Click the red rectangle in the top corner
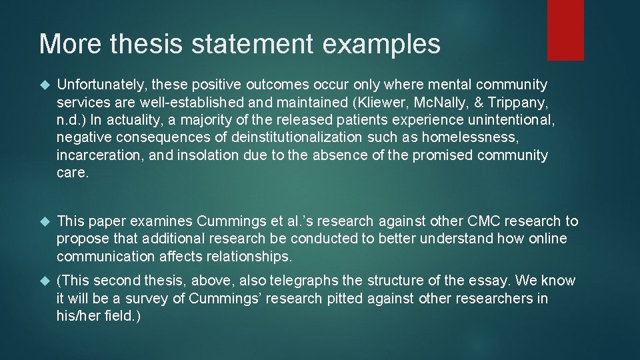pos(565,30)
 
